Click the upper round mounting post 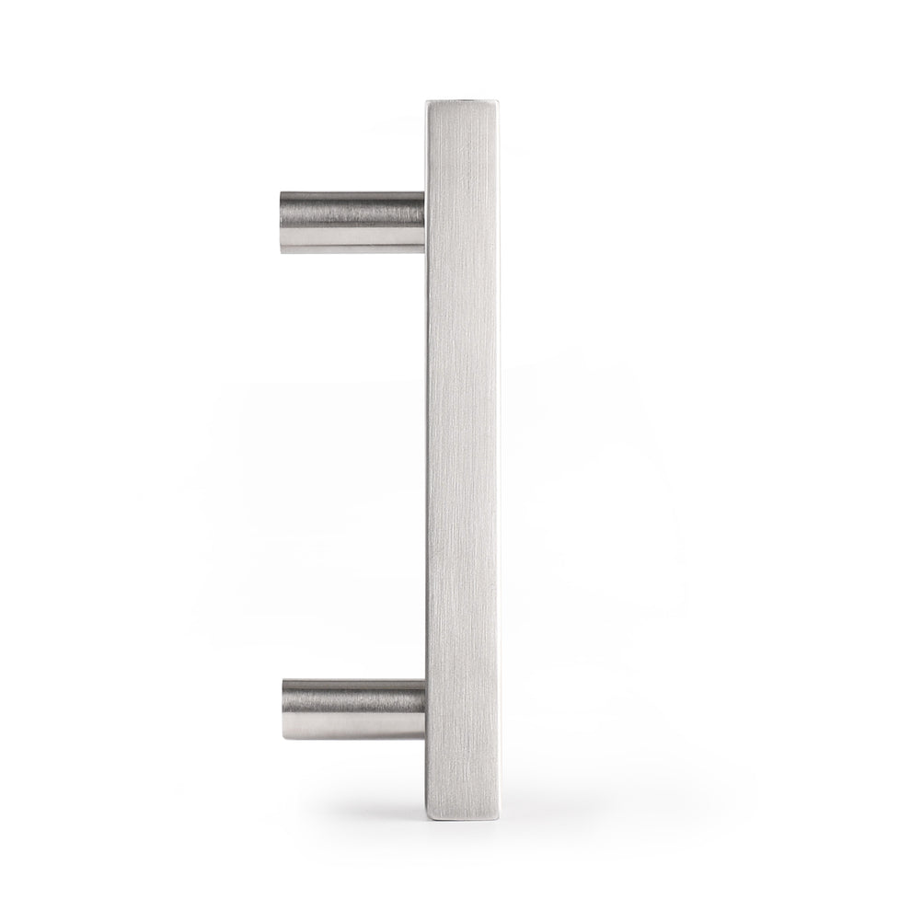click(352, 222)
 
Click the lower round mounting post click(353, 709)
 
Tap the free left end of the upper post click(282, 222)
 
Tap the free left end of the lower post click(284, 709)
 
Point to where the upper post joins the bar click(424, 222)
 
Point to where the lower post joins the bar click(424, 709)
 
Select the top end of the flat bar click(461, 103)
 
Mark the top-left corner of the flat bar click(426, 101)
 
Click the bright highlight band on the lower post click(354, 727)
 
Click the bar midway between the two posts click(461, 466)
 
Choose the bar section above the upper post click(461, 147)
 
